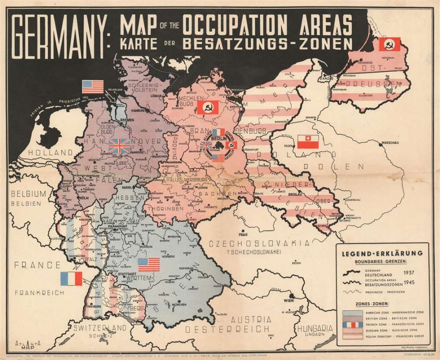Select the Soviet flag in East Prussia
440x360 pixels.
pyautogui.click(x=389, y=45)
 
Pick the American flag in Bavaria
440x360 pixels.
pyautogui.click(x=149, y=265)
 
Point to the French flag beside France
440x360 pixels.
pyautogui.click(x=71, y=279)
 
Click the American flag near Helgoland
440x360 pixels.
pyautogui.click(x=92, y=87)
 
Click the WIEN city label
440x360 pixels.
pyautogui.click(x=282, y=301)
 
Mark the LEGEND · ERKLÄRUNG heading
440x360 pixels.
pyautogui.click(x=382, y=253)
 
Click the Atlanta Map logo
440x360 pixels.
pyautogui.click(x=27, y=344)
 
